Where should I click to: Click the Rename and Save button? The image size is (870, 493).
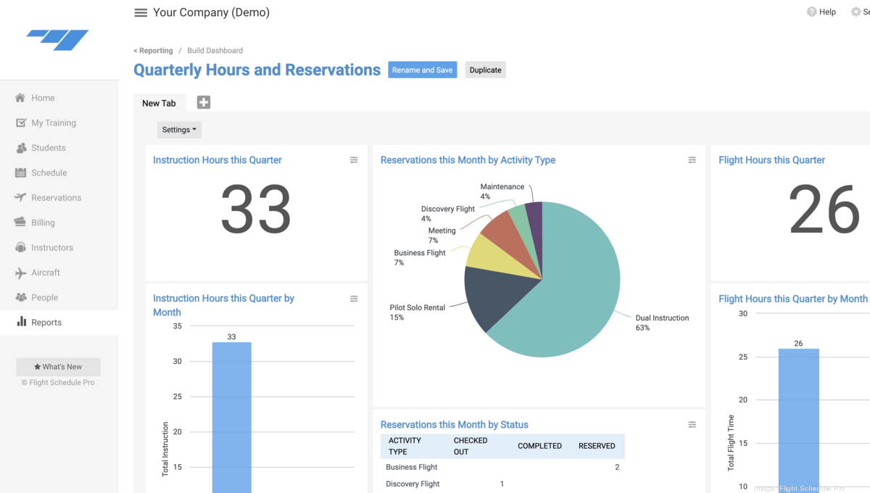[x=422, y=70]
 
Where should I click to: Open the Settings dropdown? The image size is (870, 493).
[x=179, y=130]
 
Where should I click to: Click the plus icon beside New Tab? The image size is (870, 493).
[x=204, y=102]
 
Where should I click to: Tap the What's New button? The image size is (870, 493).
[x=58, y=367]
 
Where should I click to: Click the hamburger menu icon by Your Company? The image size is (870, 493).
[x=141, y=13]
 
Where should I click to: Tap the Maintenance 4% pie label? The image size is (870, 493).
[x=502, y=191]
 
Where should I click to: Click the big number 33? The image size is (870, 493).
[x=255, y=210]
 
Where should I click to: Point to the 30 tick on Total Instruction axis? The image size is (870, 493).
[x=178, y=361]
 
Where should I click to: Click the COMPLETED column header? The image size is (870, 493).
[x=539, y=446]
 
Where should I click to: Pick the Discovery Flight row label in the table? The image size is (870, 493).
[x=413, y=484]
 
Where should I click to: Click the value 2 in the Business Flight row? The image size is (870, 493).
[x=617, y=467]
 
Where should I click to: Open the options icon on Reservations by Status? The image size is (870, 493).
[x=692, y=425]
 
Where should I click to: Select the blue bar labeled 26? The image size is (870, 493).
[x=798, y=420]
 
